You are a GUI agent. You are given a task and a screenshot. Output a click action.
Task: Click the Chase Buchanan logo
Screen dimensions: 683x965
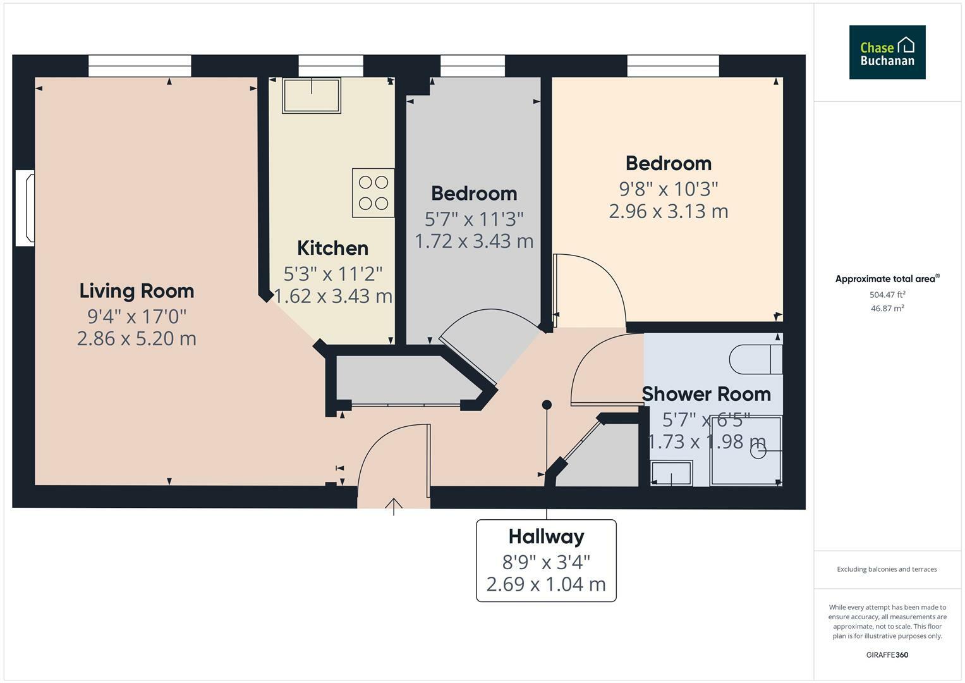pyautogui.click(x=887, y=52)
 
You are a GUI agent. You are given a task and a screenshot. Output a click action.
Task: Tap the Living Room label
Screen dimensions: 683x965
pyautogui.click(x=137, y=291)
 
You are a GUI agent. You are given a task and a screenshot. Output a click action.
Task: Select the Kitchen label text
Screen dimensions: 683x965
pyautogui.click(x=332, y=248)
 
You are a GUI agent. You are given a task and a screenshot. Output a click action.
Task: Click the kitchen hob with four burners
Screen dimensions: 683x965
pyautogui.click(x=373, y=193)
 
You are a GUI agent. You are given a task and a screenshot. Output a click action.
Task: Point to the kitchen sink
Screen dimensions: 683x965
pyautogui.click(x=312, y=95)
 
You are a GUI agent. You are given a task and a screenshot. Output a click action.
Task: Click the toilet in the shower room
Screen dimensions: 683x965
pyautogui.click(x=756, y=360)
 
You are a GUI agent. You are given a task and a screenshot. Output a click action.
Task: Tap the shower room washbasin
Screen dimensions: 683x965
pyautogui.click(x=671, y=473)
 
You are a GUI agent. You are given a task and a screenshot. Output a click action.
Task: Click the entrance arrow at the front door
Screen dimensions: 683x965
pyautogui.click(x=394, y=505)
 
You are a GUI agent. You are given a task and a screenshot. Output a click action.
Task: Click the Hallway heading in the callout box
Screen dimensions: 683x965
pyautogui.click(x=546, y=537)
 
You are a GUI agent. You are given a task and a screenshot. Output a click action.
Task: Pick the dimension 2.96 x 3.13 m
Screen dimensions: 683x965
pyautogui.click(x=669, y=211)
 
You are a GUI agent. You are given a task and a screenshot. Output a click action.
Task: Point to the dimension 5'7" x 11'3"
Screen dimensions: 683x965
pyautogui.click(x=474, y=219)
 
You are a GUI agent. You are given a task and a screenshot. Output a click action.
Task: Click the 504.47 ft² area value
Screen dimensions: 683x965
pyautogui.click(x=887, y=295)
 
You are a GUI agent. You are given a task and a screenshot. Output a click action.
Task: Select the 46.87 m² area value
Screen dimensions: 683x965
pyautogui.click(x=887, y=309)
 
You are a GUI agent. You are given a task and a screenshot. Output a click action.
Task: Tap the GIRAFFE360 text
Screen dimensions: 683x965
pyautogui.click(x=887, y=655)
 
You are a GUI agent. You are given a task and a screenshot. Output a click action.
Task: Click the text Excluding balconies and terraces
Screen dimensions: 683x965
pyautogui.click(x=887, y=569)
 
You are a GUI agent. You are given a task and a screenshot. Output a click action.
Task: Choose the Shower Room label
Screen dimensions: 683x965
pyautogui.click(x=706, y=394)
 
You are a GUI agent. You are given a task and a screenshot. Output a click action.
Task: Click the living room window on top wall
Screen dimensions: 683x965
pyautogui.click(x=140, y=66)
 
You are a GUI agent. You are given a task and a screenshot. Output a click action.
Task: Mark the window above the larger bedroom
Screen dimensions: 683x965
pyautogui.click(x=673, y=66)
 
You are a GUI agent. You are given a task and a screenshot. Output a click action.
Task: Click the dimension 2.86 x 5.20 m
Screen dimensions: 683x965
pyautogui.click(x=137, y=339)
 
